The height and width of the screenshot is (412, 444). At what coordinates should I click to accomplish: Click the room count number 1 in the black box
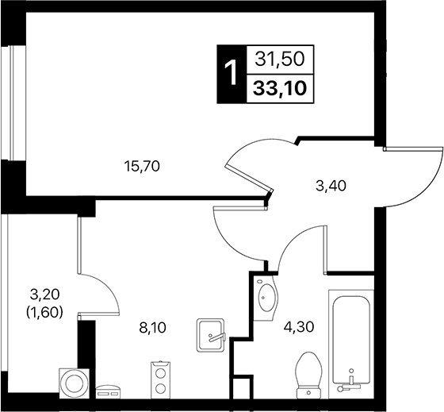pos(231,74)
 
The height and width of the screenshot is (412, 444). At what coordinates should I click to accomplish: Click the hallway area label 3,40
pos(331,187)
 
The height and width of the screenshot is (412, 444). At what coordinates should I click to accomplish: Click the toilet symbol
pos(306,372)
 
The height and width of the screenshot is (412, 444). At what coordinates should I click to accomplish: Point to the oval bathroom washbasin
pos(266,297)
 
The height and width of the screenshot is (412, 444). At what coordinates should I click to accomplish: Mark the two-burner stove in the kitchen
pos(161,379)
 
